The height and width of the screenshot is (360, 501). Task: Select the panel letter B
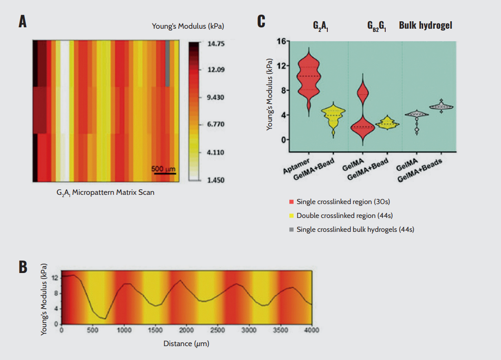coord(22,267)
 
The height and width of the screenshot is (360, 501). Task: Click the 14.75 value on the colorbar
coord(216,44)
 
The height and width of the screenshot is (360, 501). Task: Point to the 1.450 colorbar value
coord(216,180)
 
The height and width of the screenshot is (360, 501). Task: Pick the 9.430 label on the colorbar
coord(216,98)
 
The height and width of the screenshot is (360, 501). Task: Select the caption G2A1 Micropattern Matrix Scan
coord(102,192)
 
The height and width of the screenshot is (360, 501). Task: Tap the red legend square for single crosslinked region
coord(291,202)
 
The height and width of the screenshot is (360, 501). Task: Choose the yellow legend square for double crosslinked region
coord(291,215)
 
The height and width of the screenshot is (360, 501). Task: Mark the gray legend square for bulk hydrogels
coord(291,229)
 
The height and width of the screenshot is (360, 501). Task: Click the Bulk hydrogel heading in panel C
coord(426,25)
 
